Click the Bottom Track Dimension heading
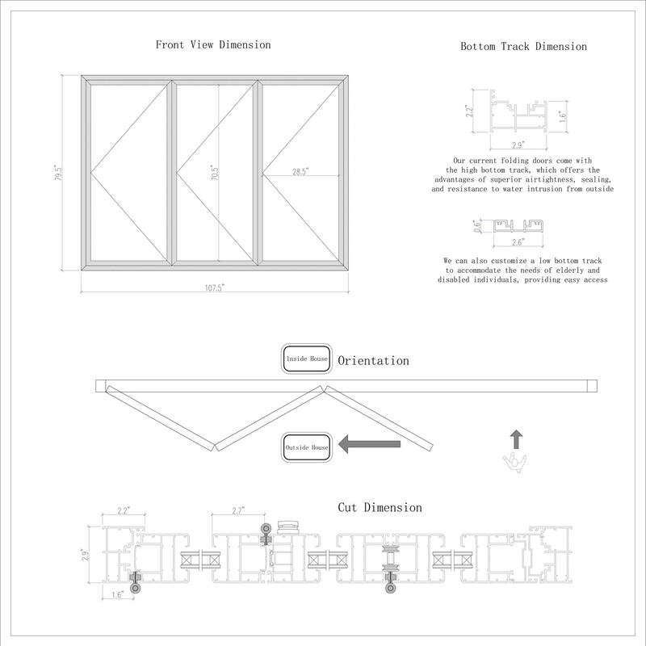pos(523,47)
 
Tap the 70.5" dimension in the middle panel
pos(215,173)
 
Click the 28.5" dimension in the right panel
pos(300,171)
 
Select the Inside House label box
pos(305,359)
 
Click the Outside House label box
pos(305,447)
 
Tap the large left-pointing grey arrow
pos(369,443)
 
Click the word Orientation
pos(373,361)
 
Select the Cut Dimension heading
pos(380,508)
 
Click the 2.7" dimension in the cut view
pos(238,511)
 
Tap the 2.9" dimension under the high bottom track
pos(518,145)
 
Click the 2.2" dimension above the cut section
pos(124,511)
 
